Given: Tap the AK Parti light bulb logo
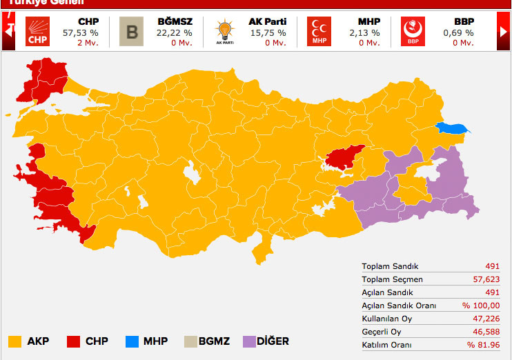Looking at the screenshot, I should coord(225,31).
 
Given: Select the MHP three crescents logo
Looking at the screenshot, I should coord(319,31).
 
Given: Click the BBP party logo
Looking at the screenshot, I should coord(413,31).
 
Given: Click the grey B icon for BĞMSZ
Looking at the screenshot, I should coord(131,31).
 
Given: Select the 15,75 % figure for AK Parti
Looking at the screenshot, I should coord(268,32).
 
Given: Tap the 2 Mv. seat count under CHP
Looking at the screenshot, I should coord(88,43).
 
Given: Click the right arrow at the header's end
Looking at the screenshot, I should coord(504,32).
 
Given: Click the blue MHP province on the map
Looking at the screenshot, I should coord(453,128).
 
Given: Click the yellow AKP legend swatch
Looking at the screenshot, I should coord(14,341).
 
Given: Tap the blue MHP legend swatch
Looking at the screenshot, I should coord(132,341).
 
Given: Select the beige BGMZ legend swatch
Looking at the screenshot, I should coord(190,341).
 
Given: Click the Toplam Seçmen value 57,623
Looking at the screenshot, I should coord(484,279).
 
